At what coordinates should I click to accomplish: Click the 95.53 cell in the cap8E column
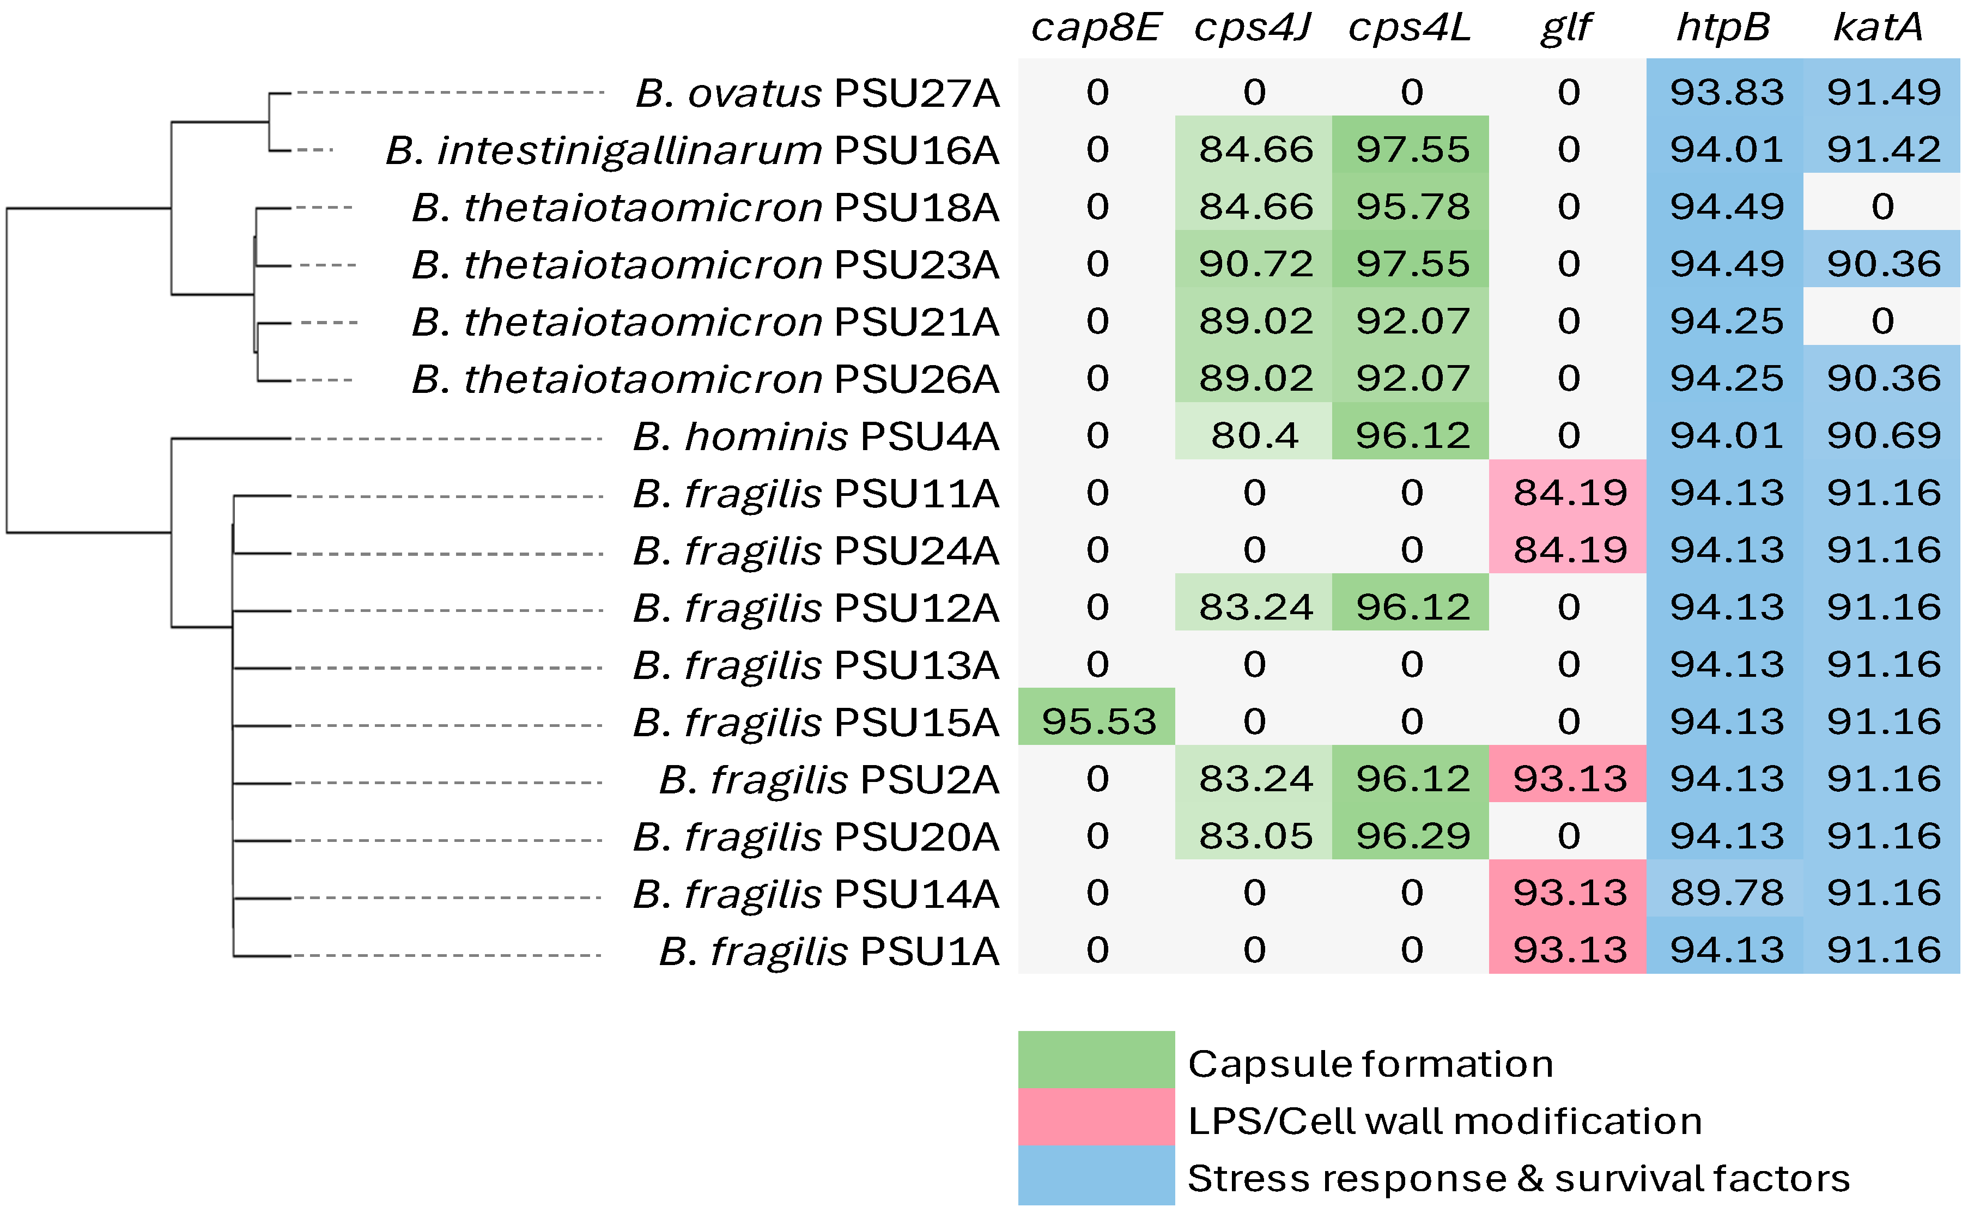[x=1098, y=721]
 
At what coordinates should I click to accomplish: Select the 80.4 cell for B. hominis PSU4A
[x=1254, y=436]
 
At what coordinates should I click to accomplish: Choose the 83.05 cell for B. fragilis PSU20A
[x=1255, y=836]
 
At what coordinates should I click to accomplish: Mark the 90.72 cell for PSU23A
[x=1255, y=264]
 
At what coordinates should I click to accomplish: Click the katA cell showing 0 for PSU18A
[x=1882, y=207]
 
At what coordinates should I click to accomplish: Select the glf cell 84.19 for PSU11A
[x=1569, y=493]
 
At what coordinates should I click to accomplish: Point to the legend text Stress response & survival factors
[x=1518, y=1179]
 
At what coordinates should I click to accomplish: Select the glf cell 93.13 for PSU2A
[x=1569, y=779]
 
